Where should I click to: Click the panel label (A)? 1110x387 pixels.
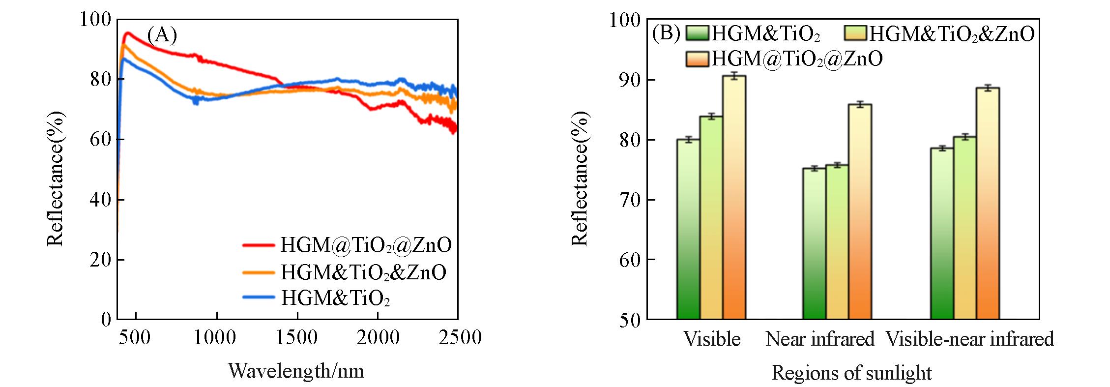point(162,35)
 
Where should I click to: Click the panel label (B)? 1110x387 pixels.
point(666,33)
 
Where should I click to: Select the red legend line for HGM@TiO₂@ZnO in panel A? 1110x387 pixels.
point(259,244)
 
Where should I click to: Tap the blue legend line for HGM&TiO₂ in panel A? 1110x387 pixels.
point(259,297)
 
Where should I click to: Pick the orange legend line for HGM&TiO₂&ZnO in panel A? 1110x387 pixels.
point(259,271)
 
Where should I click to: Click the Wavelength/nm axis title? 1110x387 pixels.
point(296,371)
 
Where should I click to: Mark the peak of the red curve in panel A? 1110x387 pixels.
point(128,33)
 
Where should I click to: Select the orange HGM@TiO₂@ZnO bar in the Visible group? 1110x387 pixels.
point(734,197)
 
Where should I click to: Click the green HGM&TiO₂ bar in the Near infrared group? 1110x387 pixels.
point(814,243)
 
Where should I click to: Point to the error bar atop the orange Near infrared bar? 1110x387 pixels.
point(860,104)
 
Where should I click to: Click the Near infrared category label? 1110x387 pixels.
point(820,339)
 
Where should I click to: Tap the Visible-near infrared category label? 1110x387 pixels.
point(969,339)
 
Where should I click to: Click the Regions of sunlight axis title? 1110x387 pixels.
point(851,373)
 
